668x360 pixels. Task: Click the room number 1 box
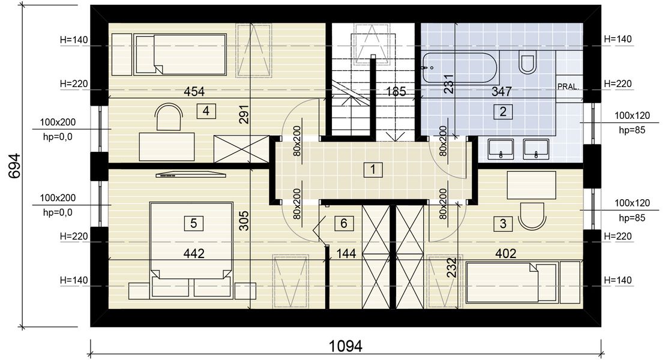click(x=373, y=170)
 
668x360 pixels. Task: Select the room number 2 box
click(x=503, y=112)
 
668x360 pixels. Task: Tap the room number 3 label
click(x=503, y=223)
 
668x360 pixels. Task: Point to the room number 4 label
click(x=206, y=111)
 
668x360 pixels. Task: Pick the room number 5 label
click(x=193, y=223)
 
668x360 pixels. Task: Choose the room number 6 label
click(x=344, y=223)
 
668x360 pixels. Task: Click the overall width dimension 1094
click(x=346, y=346)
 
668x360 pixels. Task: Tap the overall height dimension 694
click(x=14, y=166)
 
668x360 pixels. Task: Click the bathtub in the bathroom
click(x=460, y=67)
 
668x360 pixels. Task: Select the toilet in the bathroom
click(x=528, y=61)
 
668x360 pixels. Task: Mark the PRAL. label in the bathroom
click(x=568, y=86)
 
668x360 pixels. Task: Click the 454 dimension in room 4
click(x=194, y=91)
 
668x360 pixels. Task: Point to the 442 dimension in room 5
click(x=194, y=253)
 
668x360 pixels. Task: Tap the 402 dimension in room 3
click(x=506, y=253)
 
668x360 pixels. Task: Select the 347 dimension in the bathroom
click(x=501, y=91)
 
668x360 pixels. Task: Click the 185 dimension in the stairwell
click(x=396, y=91)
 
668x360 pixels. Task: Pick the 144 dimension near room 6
click(x=346, y=254)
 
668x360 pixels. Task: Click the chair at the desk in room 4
click(x=169, y=117)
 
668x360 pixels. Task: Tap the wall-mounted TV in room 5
click(x=190, y=174)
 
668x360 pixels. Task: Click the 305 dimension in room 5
click(x=244, y=221)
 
